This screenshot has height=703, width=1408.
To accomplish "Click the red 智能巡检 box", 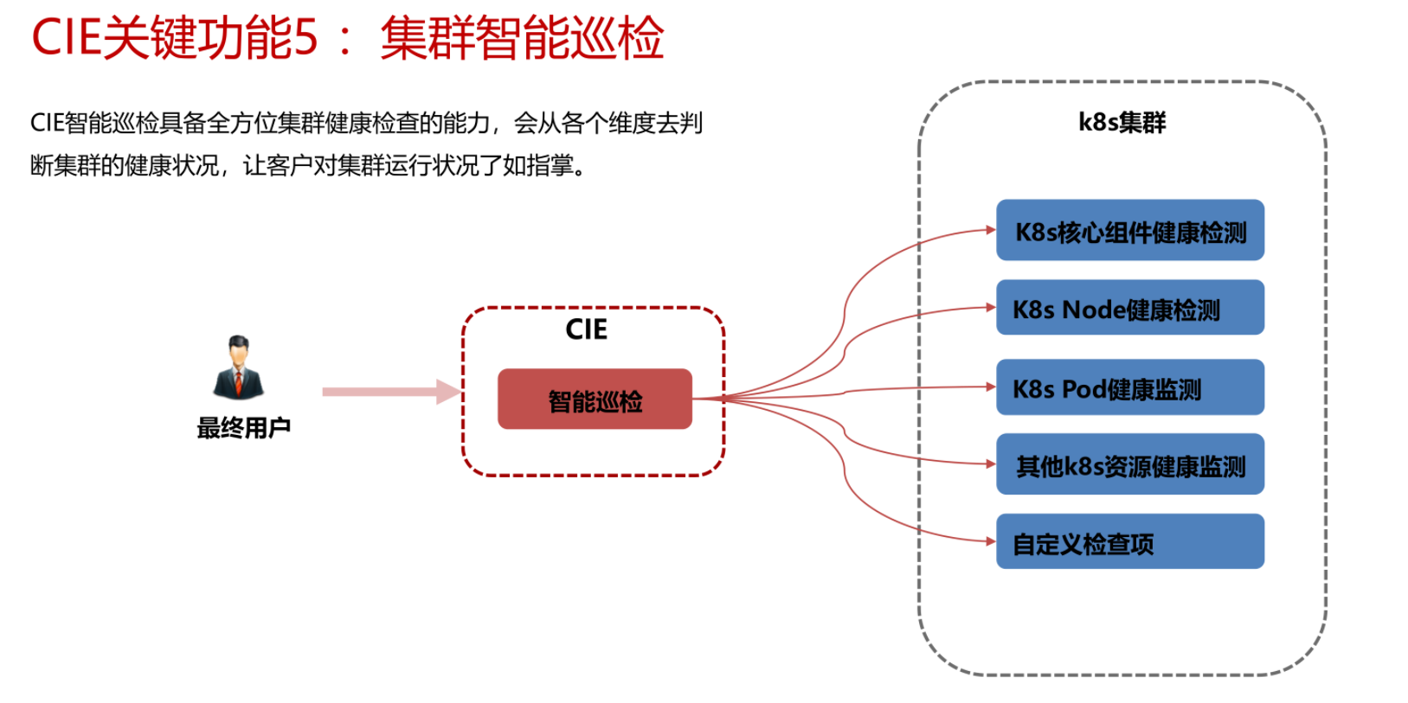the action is [x=595, y=399].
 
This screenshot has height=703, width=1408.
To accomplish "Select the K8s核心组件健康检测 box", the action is [x=1130, y=230].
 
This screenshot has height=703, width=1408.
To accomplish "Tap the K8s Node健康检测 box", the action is [x=1130, y=307].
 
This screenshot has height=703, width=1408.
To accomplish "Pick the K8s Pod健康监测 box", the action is [x=1130, y=387].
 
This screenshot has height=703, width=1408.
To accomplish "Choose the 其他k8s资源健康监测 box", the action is [x=1130, y=463].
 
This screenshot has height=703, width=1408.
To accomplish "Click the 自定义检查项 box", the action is [x=1130, y=541].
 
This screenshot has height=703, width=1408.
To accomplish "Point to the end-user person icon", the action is [x=238, y=367].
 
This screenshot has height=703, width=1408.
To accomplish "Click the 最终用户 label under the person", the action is [x=244, y=428].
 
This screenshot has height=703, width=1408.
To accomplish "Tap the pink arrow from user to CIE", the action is [x=392, y=392].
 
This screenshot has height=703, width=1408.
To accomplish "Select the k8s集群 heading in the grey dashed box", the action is [x=1122, y=122].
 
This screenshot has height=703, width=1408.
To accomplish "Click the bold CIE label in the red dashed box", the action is [x=587, y=329].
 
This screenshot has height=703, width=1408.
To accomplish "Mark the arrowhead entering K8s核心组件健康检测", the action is [x=991, y=230].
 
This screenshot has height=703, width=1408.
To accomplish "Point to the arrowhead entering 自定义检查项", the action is [x=991, y=541].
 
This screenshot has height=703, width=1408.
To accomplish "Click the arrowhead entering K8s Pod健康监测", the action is [x=991, y=387].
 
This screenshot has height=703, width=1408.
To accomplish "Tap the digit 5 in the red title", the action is [x=306, y=38].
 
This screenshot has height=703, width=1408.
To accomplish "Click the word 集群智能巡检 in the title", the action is [x=523, y=38].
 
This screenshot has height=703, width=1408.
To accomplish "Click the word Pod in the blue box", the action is [x=1083, y=389].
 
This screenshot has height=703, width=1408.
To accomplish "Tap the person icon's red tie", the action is [x=239, y=382].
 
